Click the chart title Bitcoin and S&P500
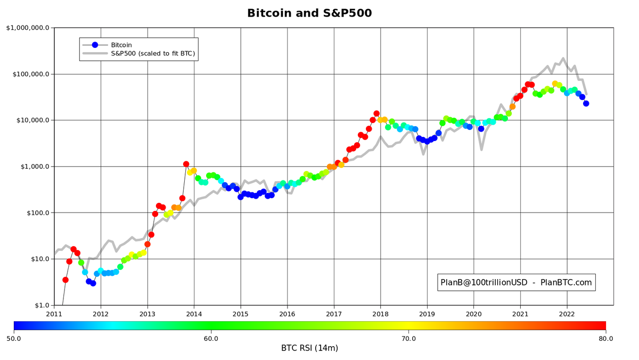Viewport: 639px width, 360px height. [309, 13]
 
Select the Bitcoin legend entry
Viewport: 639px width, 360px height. [121, 45]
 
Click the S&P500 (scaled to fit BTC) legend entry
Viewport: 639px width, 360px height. [153, 54]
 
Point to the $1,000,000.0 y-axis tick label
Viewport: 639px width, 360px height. [28, 28]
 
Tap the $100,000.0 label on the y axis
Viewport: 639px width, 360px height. [30, 74]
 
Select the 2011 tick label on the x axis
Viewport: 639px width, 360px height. [54, 314]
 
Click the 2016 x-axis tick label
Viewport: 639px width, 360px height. [287, 314]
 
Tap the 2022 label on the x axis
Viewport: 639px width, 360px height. [567, 314]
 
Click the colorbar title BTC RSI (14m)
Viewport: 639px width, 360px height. [309, 348]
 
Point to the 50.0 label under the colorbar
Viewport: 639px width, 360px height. [14, 338]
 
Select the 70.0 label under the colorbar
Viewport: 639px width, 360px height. [408, 338]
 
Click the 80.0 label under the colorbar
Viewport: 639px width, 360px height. [605, 338]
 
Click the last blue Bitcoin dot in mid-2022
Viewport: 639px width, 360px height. [586, 104]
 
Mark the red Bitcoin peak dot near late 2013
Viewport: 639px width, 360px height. [186, 165]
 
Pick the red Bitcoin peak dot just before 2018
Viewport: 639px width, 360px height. [376, 113]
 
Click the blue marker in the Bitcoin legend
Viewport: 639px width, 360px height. [95, 45]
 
